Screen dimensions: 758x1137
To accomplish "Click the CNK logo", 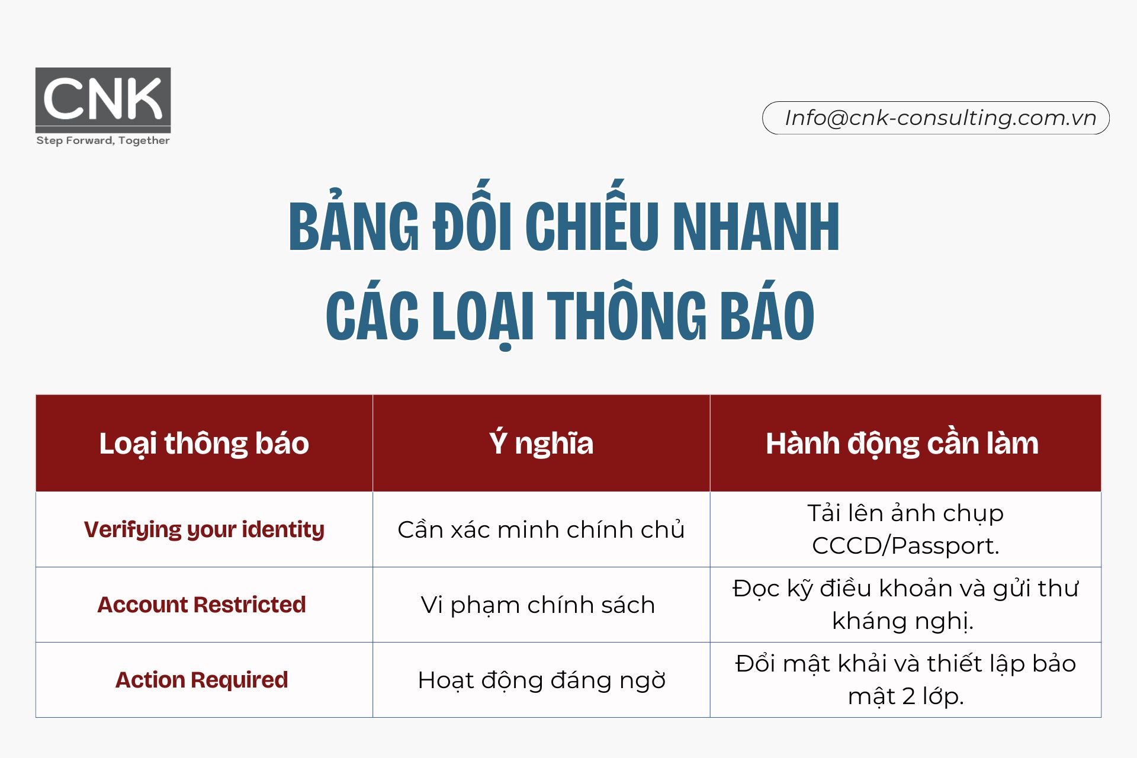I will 103,99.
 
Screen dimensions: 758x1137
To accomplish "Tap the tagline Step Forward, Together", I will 103,141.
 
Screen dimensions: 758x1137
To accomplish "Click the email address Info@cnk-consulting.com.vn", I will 940,118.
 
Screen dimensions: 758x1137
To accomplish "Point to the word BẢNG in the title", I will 354,227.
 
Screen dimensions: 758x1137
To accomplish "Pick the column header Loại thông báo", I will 204,444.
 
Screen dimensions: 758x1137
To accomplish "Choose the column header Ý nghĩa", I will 541,444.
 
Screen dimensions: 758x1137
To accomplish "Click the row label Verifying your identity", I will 204,529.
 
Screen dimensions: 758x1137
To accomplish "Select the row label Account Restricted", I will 201,605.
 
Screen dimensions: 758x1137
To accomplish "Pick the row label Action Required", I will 201,680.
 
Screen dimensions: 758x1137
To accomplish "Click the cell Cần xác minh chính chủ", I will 541,529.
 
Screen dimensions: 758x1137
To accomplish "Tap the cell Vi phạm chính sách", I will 538,605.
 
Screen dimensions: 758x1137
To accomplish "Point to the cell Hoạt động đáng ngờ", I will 541,680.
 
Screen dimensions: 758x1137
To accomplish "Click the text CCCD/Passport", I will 905,546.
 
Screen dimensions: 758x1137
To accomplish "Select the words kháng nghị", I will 902,621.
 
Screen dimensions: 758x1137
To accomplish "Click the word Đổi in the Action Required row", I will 756,664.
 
